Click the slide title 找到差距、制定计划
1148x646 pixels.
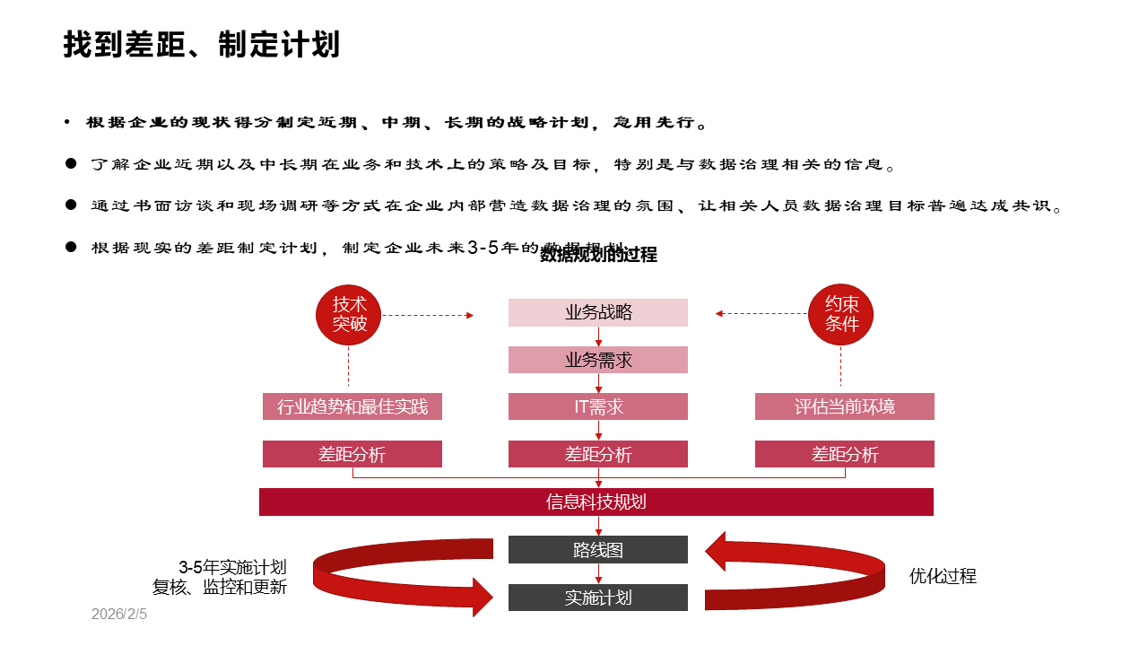pos(201,44)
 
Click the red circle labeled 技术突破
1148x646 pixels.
pos(349,314)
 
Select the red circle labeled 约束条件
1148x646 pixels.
pos(841,314)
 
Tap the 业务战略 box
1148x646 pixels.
pos(598,312)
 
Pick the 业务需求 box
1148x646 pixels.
pos(598,360)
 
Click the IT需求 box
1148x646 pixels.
pos(598,406)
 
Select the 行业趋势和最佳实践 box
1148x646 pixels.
pos(352,406)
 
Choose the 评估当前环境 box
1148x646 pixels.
pos(844,406)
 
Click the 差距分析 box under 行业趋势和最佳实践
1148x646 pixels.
pos(352,454)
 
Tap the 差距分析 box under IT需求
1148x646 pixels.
pos(598,454)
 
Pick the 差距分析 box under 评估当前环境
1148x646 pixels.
pos(844,454)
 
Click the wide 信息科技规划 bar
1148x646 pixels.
pos(596,502)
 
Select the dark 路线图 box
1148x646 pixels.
pos(598,550)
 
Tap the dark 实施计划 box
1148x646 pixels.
pos(598,598)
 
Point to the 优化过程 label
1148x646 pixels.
pos(943,576)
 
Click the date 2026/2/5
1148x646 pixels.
pos(118,615)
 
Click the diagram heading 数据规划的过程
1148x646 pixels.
pos(598,255)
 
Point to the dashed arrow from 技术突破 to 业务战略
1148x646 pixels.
pos(427,315)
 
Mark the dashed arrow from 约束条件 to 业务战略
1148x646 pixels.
pos(761,314)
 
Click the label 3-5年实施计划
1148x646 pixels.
pos(232,567)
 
